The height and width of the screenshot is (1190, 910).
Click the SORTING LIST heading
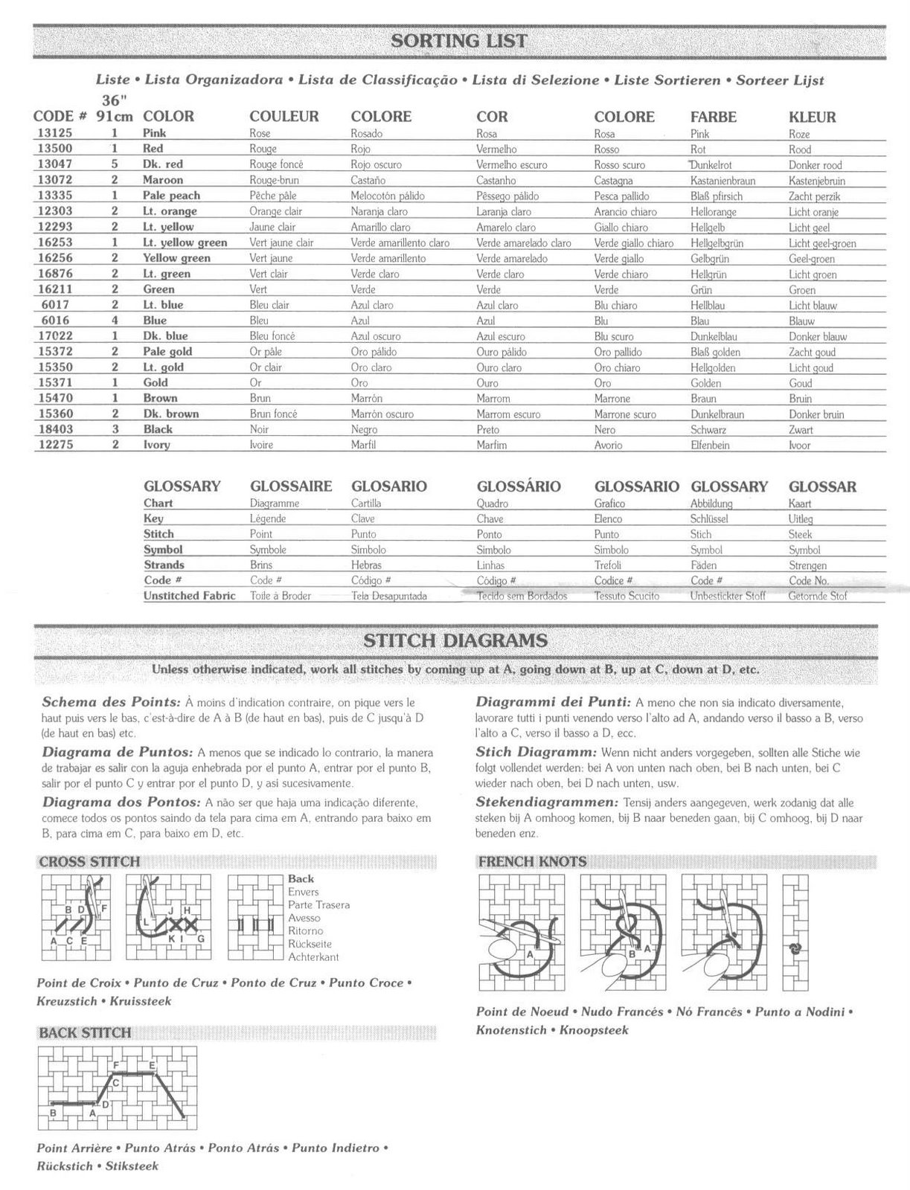click(459, 40)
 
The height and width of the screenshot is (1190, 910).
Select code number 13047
click(54, 164)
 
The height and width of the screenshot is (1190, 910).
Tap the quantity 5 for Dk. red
click(115, 164)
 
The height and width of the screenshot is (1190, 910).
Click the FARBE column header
click(713, 117)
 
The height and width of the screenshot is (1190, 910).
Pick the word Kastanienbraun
click(722, 181)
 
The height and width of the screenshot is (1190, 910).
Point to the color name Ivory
click(156, 445)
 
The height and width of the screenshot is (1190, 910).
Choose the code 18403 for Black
click(54, 429)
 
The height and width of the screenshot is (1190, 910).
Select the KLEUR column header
click(812, 117)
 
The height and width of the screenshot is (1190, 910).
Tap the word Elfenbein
click(710, 446)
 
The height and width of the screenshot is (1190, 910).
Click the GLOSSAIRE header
click(291, 486)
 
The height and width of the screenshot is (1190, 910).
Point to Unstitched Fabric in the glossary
click(189, 596)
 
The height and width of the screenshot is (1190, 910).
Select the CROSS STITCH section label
click(89, 862)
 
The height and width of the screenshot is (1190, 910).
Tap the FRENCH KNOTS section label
click(532, 862)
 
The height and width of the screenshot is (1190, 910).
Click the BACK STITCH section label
click(85, 1032)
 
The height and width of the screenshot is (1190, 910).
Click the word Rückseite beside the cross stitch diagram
click(310, 944)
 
